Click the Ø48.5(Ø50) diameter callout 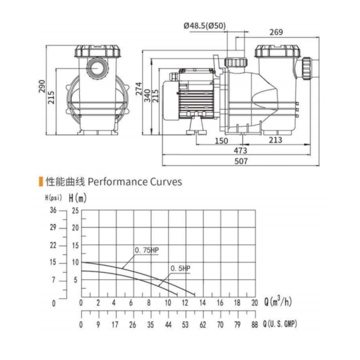pos(205,25)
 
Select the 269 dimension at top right pos(276,32)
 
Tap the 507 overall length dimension pos(241,161)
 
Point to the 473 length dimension pos(240,151)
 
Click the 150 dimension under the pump pos(221,141)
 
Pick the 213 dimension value pos(275,140)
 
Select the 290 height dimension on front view pos(42,86)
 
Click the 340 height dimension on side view pos(147,96)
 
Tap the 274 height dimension pos(139,89)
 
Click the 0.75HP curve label pos(147,250)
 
